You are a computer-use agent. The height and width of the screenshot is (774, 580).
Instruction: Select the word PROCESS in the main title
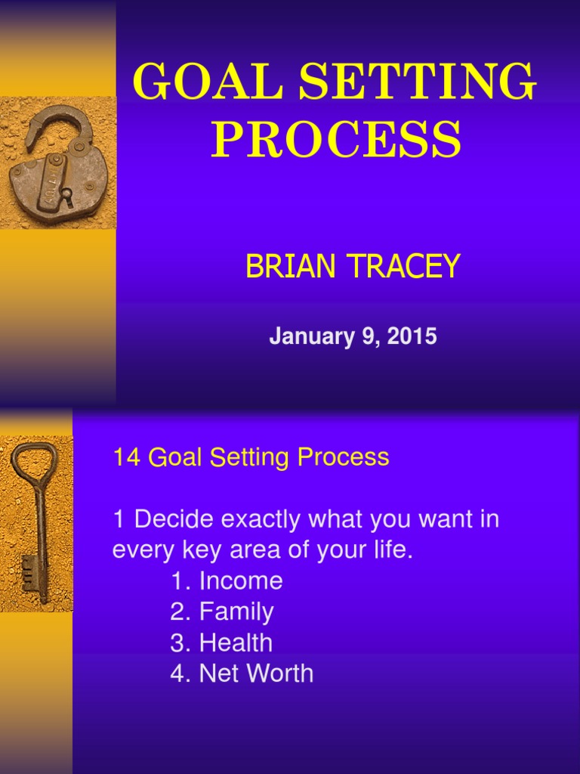click(335, 140)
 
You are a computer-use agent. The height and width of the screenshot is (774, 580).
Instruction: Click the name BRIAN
click(292, 267)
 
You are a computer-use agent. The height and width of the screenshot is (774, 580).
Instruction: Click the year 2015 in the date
click(412, 336)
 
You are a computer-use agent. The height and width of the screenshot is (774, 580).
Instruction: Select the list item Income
click(240, 580)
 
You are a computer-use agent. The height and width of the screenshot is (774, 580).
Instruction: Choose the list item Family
click(236, 611)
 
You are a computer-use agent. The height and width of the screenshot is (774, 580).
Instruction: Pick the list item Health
click(236, 642)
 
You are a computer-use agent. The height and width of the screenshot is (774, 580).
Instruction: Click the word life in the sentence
click(393, 550)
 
